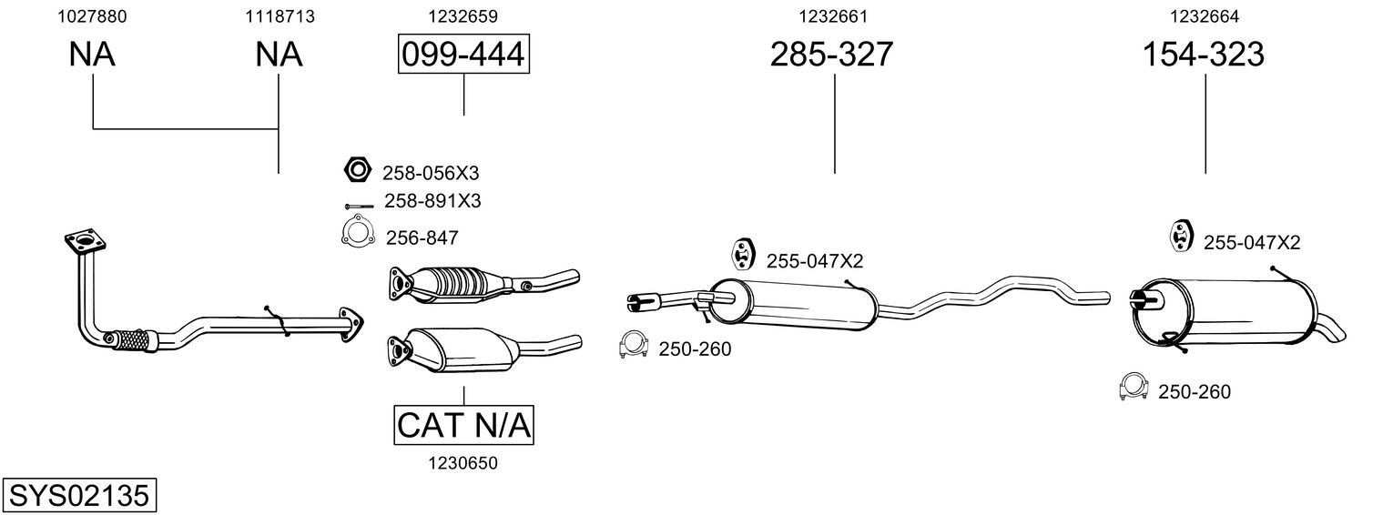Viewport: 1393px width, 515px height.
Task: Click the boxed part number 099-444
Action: pyautogui.click(x=463, y=54)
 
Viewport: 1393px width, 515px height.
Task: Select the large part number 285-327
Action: pyautogui.click(x=831, y=54)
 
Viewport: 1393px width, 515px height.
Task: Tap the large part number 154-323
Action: pyautogui.click(x=1204, y=54)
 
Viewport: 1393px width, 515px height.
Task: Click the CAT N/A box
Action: pyautogui.click(x=463, y=425)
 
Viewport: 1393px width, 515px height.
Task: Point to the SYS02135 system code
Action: pyautogui.click(x=79, y=495)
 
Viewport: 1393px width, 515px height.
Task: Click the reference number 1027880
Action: pyautogui.click(x=92, y=16)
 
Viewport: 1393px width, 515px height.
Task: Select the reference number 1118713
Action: pyautogui.click(x=280, y=16)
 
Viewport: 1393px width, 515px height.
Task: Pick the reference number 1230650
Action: pyautogui.click(x=463, y=463)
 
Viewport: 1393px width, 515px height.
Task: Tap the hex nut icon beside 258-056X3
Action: pyautogui.click(x=357, y=169)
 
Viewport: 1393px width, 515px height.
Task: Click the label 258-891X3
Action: pyautogui.click(x=432, y=201)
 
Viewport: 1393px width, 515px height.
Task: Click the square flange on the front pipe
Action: pyautogui.click(x=86, y=242)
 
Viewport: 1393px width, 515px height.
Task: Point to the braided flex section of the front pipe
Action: pyautogui.click(x=132, y=339)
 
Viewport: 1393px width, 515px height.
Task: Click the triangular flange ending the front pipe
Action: pyautogui.click(x=351, y=324)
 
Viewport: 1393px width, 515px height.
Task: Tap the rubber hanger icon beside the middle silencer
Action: pyautogui.click(x=741, y=254)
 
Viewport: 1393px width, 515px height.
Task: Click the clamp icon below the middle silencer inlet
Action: pyautogui.click(x=634, y=346)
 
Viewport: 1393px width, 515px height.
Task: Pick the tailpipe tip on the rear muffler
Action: pyautogui.click(x=1331, y=332)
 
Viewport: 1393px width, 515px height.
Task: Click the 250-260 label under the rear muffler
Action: pyautogui.click(x=1194, y=392)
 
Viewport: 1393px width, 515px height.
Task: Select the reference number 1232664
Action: pyautogui.click(x=1205, y=16)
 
